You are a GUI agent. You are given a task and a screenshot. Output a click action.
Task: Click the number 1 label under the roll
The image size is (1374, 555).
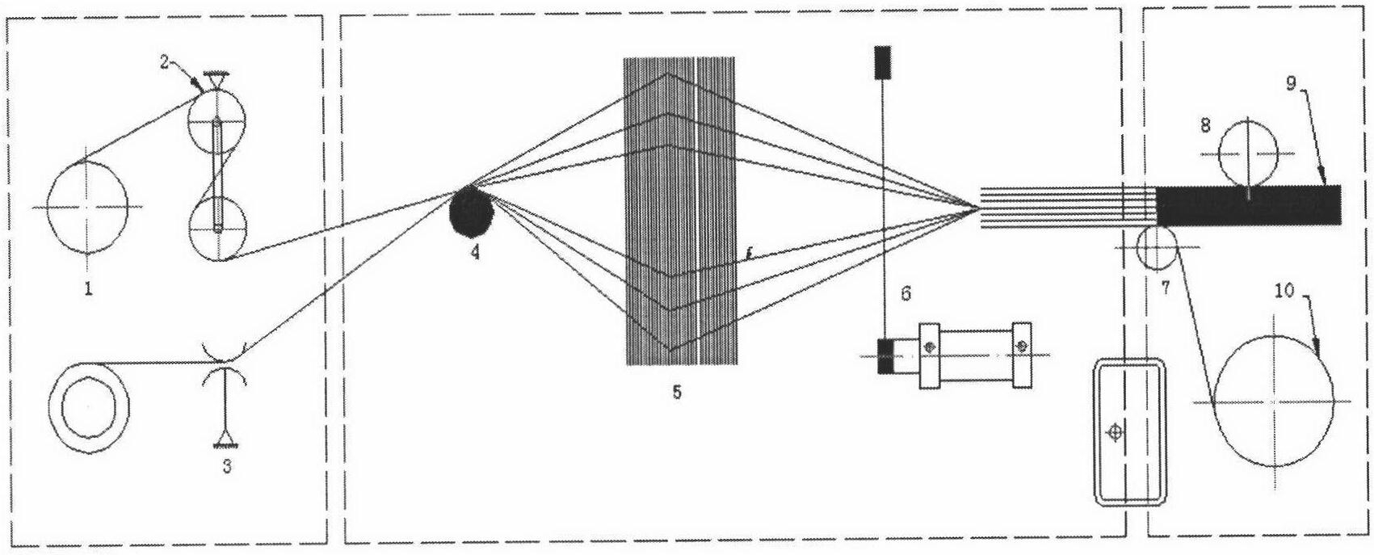click(x=88, y=287)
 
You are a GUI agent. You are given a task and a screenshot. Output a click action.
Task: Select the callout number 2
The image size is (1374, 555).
click(x=164, y=63)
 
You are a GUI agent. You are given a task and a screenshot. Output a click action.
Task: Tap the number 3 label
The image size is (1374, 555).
click(x=226, y=466)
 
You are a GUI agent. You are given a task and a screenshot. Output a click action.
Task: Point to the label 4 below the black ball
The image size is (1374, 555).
click(x=474, y=252)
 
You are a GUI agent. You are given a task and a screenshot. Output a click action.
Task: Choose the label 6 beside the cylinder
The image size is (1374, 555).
click(x=905, y=292)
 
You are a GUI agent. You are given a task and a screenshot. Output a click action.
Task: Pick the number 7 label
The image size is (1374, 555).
click(x=1166, y=287)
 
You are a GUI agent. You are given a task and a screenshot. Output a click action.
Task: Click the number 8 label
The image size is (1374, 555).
click(x=1205, y=125)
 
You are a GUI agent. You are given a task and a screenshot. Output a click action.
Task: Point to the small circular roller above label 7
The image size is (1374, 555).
click(x=1156, y=248)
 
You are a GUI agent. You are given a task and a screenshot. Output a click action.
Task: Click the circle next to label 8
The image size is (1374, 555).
click(x=1248, y=153)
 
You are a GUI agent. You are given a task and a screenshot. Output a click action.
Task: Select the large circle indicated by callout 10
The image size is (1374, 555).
click(x=1272, y=401)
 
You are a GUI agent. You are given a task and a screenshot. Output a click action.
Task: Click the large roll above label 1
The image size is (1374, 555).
click(x=87, y=207)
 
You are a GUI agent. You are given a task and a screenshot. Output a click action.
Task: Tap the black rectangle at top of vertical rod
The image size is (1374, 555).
click(x=882, y=61)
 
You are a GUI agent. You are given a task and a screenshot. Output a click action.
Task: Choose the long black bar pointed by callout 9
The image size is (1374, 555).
click(x=1248, y=205)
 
